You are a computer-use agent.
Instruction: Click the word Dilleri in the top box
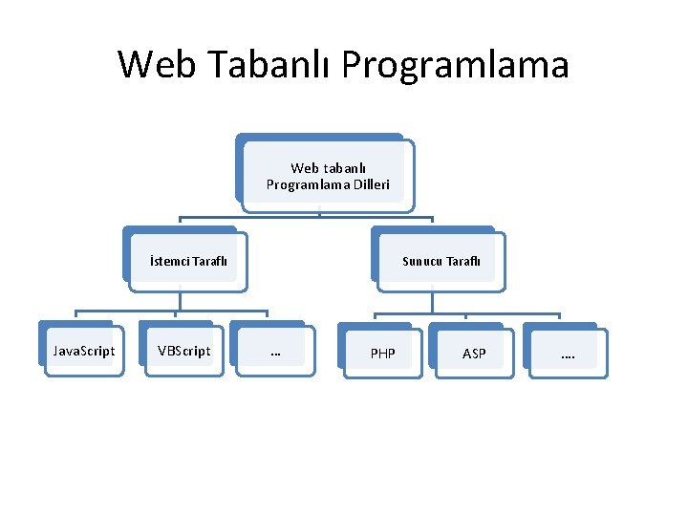pos(369,183)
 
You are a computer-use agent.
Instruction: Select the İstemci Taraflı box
pos(187,261)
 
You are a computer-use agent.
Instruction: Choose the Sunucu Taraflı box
pos(441,261)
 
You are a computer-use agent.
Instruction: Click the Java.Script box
pos(84,351)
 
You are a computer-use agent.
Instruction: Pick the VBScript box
pos(184,351)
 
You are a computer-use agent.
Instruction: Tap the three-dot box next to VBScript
pos(275,352)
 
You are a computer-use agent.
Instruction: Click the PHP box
pos(382,354)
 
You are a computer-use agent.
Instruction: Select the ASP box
pos(474,354)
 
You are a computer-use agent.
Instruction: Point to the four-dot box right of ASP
pos(568,354)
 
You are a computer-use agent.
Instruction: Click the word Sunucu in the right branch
pos(420,261)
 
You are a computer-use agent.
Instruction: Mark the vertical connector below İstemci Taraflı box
pos(179,300)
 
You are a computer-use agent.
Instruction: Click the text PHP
pos(382,354)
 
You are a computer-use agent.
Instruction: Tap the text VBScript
pos(184,351)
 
